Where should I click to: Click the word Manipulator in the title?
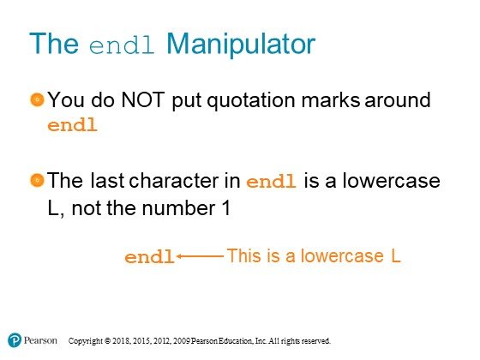coord(241,44)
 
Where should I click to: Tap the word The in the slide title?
coord(54,44)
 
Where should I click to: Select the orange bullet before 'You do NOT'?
coord(38,99)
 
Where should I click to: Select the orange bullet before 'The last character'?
coord(38,180)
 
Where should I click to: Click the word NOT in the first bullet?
coord(143,99)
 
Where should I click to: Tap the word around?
coord(398,99)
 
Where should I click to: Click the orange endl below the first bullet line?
coord(73,125)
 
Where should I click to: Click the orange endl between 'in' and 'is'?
coord(271,181)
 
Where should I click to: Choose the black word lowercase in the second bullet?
coord(391,181)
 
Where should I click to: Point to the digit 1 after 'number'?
coord(226,208)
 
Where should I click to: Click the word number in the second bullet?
coord(178,208)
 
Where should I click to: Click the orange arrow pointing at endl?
coord(200,256)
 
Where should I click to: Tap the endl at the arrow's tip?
coord(149,256)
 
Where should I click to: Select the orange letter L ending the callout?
coord(396,256)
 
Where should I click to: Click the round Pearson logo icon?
coord(15,340)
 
